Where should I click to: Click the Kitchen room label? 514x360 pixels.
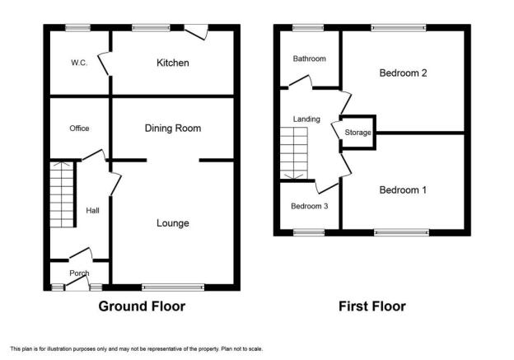coord(173,63)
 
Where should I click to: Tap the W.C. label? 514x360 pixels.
coord(79,63)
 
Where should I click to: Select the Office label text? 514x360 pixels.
coord(79,129)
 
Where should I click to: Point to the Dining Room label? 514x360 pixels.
coord(173,129)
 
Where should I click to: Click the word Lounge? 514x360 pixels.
coord(173,223)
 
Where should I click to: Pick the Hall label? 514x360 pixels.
coord(92,211)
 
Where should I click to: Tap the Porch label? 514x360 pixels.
coord(79,274)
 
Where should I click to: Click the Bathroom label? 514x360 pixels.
coord(309,58)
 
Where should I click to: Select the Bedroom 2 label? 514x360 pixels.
coord(403,72)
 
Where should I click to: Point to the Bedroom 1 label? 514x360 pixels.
coord(403,189)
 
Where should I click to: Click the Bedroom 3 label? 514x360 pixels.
coord(310,206)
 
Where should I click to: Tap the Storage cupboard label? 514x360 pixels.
coord(357,133)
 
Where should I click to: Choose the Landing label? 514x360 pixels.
coord(306,119)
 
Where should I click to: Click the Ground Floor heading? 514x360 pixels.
coord(142,306)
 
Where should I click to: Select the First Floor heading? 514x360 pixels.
coord(372,306)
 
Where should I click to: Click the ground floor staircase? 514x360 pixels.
coord(62,194)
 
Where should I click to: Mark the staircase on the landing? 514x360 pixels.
coord(294,153)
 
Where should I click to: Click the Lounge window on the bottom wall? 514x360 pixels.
coord(173,288)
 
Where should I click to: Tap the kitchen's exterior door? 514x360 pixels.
coord(196,32)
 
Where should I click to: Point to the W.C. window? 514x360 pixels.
coord(77,28)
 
